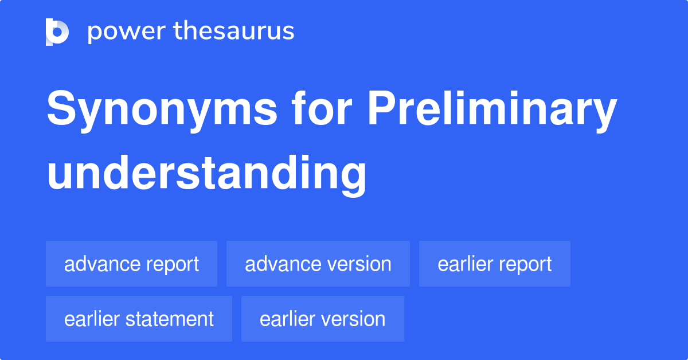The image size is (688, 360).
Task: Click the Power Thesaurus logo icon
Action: click(x=57, y=32)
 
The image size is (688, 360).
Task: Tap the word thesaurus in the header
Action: click(x=234, y=32)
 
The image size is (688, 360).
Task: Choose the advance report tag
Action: click(x=131, y=264)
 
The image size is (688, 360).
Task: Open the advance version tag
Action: click(x=318, y=264)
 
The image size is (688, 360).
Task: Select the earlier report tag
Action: click(x=494, y=264)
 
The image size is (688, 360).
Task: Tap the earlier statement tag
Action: click(x=139, y=319)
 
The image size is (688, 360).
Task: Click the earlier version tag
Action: click(x=322, y=319)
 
